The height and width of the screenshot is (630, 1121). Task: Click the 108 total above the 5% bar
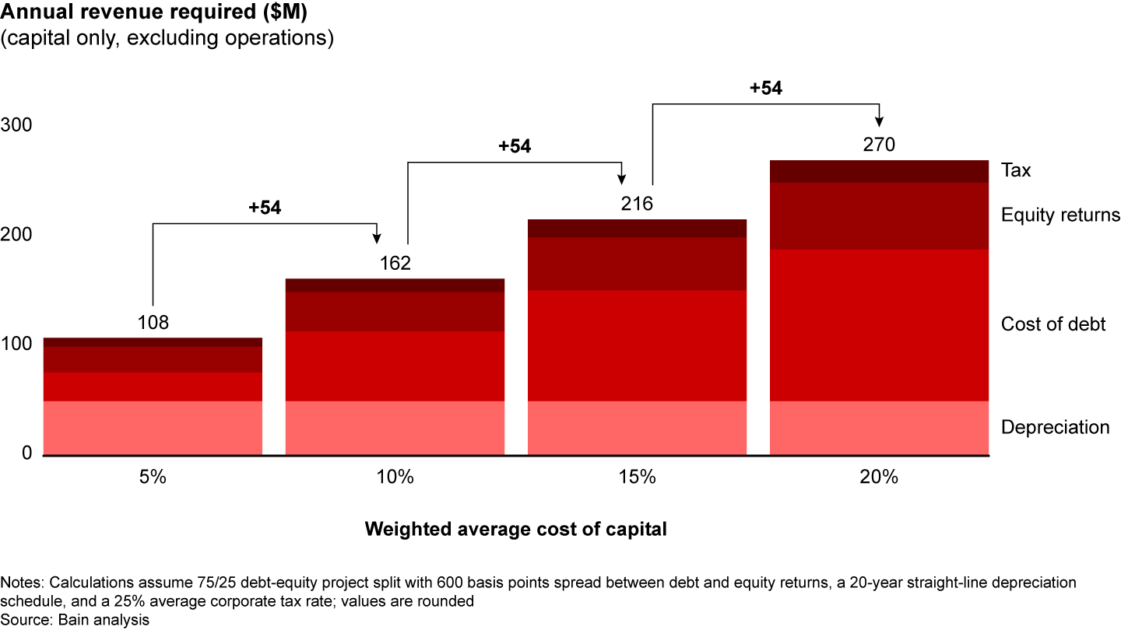[x=153, y=323]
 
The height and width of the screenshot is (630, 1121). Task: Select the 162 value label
[x=395, y=264]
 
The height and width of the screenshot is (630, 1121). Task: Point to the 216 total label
[x=637, y=204]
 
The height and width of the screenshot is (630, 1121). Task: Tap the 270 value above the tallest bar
[x=879, y=145]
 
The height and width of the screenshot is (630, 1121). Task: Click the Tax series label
[x=1016, y=170]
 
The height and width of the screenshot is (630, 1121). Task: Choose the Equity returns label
[x=1060, y=215]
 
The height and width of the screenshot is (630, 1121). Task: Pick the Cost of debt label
[x=1052, y=324]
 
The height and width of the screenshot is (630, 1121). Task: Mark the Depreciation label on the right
[x=1055, y=427]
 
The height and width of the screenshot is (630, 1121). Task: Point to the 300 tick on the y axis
[x=18, y=126]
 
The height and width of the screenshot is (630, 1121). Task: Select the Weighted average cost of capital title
[x=516, y=530]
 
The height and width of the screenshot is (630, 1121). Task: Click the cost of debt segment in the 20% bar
[x=879, y=325]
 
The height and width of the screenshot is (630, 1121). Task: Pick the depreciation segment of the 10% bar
[x=395, y=427]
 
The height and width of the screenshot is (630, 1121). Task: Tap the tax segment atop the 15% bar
[x=637, y=228]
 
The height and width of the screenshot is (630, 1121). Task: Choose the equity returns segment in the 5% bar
[x=153, y=359]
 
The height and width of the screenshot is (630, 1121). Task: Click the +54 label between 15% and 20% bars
[x=765, y=89]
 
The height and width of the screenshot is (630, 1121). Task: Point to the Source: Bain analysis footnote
[x=75, y=620]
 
